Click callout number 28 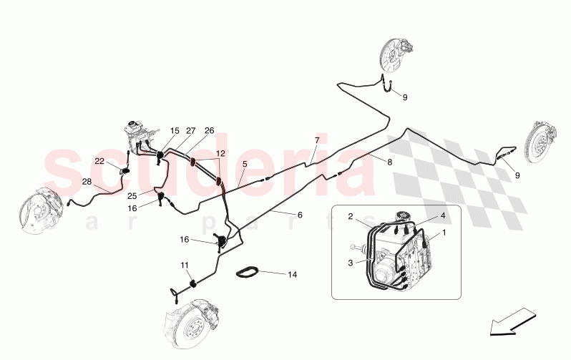tap(87, 182)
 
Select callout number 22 tap(99, 161)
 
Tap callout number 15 tap(175, 131)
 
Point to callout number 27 tap(191, 131)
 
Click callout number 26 tap(209, 131)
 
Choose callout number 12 tap(221, 153)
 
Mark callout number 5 tap(245, 164)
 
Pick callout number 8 tap(390, 162)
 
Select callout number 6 tap(299, 215)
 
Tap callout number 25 tap(132, 195)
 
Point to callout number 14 tap(292, 274)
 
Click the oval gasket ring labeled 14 tap(249, 272)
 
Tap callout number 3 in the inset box tap(351, 263)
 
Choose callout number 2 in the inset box tap(351, 216)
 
